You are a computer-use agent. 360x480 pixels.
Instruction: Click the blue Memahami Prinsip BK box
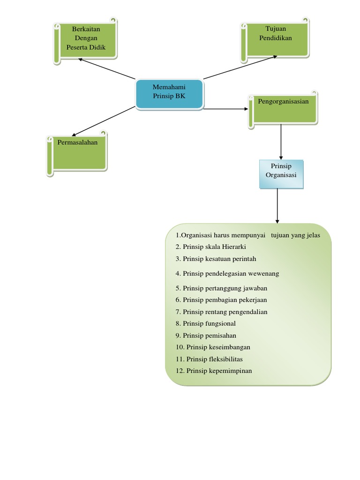(x=169, y=94)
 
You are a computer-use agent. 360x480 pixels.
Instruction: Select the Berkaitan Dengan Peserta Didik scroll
(x=85, y=41)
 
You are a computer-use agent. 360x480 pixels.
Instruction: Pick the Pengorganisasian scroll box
(x=283, y=110)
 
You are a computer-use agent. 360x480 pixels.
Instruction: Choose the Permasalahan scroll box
(x=77, y=154)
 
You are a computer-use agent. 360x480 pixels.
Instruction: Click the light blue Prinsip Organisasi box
(x=281, y=174)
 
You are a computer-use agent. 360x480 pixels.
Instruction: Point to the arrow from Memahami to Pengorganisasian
(x=225, y=109)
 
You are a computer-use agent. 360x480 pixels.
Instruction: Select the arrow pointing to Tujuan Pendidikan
(x=240, y=67)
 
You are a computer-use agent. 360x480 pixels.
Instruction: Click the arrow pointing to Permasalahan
(x=104, y=121)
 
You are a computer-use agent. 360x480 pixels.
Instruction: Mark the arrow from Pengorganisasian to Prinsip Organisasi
(x=281, y=142)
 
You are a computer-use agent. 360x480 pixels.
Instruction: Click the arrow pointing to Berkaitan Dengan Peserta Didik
(x=106, y=68)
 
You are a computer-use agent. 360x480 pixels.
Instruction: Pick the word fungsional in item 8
(x=220, y=324)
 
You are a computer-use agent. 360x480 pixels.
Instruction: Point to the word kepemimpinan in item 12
(x=230, y=371)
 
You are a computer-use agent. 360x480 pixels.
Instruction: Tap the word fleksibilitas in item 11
(x=225, y=359)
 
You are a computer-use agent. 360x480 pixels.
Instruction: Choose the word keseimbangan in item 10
(x=229, y=347)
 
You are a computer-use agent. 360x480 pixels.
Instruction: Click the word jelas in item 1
(x=313, y=235)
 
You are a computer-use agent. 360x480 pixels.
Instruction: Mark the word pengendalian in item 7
(x=248, y=312)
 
